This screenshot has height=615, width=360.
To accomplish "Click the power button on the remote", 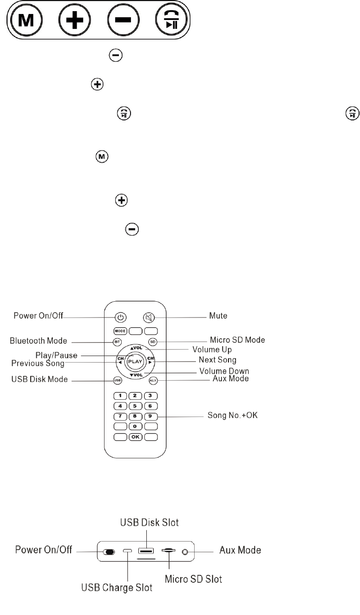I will pyautogui.click(x=120, y=318).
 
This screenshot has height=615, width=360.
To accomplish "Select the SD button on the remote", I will pyautogui.click(x=153, y=342).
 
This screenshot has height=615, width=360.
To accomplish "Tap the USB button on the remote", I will pyautogui.click(x=118, y=380).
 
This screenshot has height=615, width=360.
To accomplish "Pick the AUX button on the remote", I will pyautogui.click(x=153, y=380).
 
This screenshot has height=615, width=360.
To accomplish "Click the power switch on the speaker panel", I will pyautogui.click(x=109, y=552).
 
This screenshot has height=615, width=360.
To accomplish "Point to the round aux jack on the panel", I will pyautogui.click(x=186, y=551).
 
